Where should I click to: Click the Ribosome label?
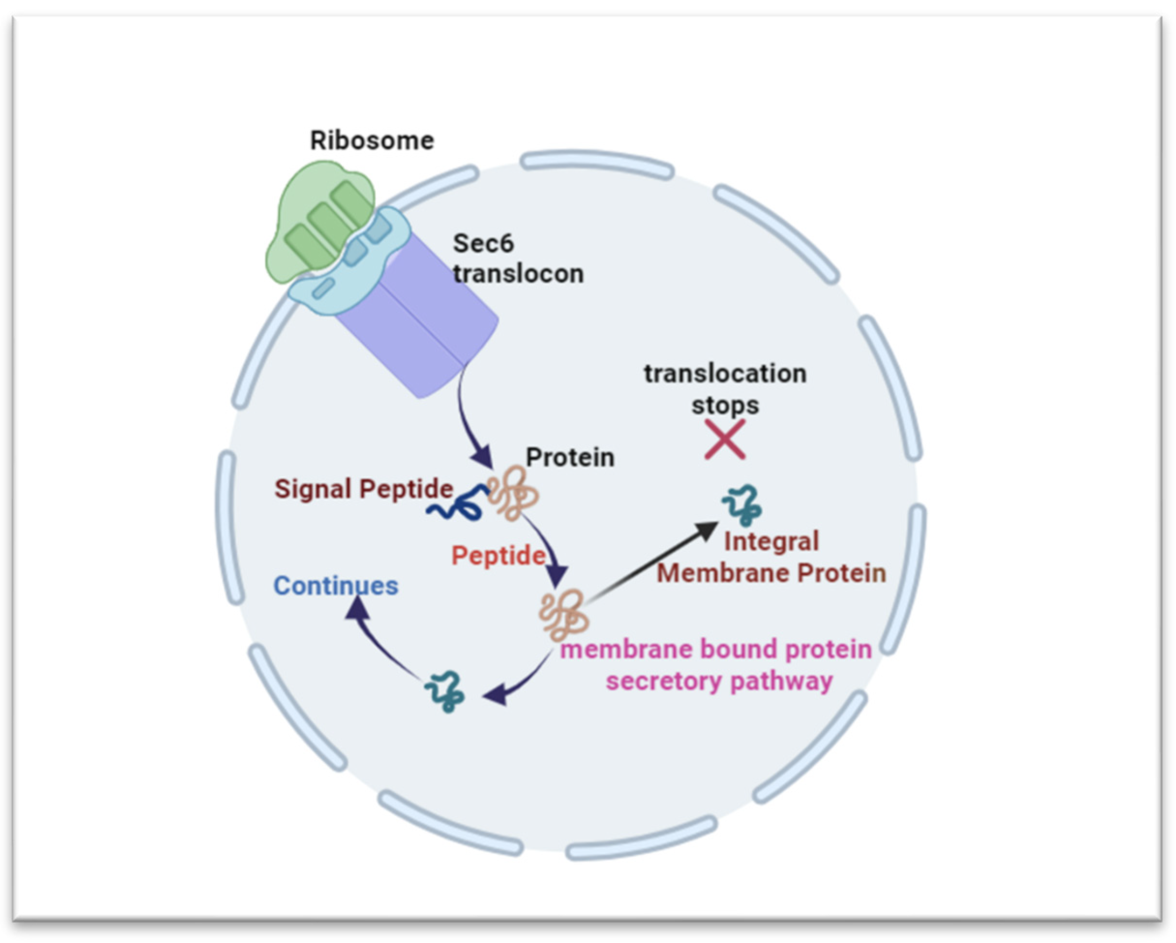click(372, 141)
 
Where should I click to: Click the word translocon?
click(518, 273)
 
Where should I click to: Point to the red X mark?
click(724, 439)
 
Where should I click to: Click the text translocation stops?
click(725, 389)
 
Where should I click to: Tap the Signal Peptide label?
click(363, 489)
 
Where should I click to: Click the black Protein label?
click(570, 457)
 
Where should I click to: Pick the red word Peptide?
click(498, 556)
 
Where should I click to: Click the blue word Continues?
click(335, 586)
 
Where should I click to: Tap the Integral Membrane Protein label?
click(771, 557)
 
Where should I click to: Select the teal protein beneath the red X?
click(742, 505)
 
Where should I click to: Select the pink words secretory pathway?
click(719, 681)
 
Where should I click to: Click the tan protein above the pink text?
click(563, 615)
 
